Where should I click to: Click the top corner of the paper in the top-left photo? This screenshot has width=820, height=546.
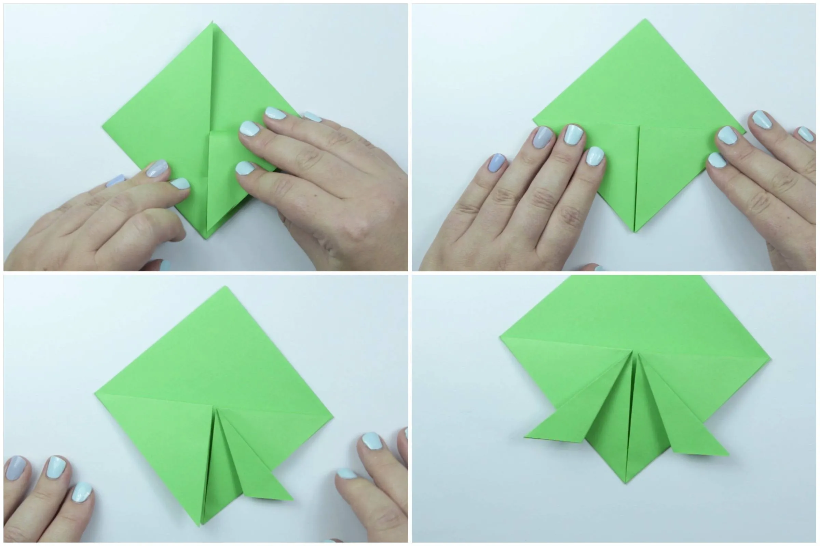213,22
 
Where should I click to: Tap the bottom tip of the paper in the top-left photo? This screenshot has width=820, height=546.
206,238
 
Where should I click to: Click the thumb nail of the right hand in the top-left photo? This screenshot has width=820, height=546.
245,168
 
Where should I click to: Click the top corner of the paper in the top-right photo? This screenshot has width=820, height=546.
644,19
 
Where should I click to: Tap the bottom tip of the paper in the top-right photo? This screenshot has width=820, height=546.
634,231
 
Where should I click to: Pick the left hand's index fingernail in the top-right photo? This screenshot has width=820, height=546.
595,155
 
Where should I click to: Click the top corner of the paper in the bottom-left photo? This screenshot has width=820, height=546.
225,287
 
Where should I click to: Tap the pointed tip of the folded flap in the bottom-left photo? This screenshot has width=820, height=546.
292,500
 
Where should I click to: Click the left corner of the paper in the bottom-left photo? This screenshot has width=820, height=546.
95,394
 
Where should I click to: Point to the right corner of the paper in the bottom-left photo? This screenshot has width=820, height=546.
333,417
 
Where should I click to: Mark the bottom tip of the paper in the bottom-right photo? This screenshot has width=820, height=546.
626,483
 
